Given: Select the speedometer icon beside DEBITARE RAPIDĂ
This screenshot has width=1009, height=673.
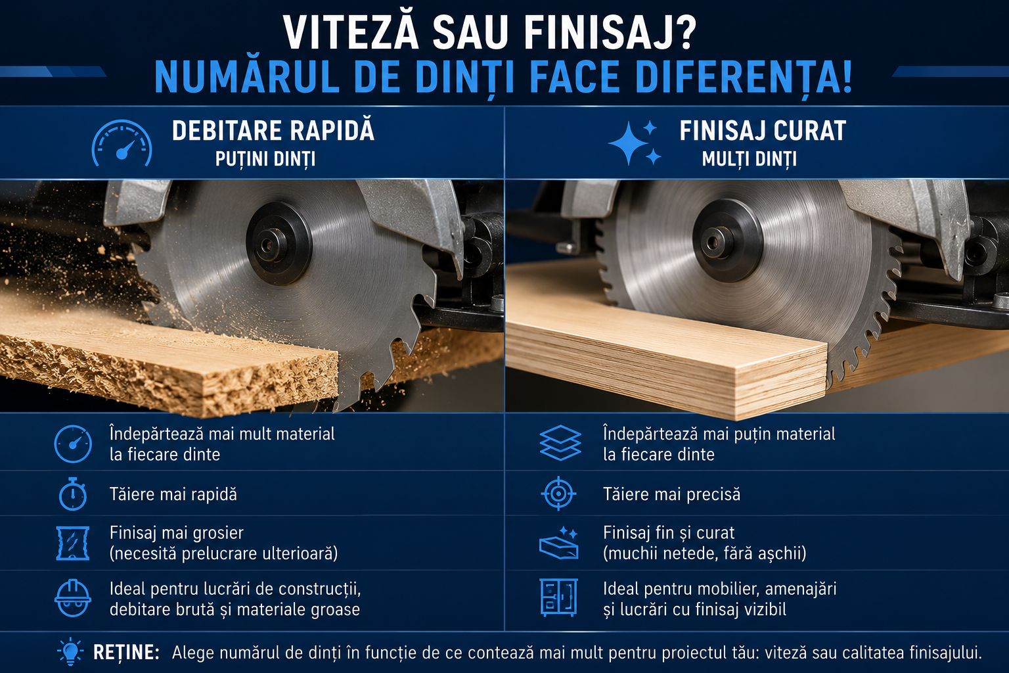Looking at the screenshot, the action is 122,143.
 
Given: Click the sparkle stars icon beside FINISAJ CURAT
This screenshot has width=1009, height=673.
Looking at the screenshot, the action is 635,143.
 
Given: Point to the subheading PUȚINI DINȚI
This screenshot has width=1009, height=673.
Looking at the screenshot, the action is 265,159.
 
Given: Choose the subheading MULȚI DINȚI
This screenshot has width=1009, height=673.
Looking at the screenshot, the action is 749,159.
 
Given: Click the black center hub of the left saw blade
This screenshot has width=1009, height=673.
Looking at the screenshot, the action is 279,244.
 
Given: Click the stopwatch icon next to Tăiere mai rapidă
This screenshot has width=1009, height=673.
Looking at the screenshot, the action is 72,494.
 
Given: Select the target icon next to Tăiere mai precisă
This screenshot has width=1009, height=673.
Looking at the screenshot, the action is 558,494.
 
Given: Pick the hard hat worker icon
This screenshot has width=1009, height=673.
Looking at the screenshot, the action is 73,597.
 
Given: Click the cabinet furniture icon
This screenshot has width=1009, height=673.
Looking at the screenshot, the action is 558,597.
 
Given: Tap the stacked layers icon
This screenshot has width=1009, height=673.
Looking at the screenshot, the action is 560,443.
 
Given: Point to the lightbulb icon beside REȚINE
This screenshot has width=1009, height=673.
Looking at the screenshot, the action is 70,652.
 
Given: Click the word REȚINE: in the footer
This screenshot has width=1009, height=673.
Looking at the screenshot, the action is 126,652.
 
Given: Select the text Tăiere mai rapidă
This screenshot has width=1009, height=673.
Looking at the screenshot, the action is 173,494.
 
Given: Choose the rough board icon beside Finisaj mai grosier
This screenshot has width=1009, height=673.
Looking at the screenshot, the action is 72,543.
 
